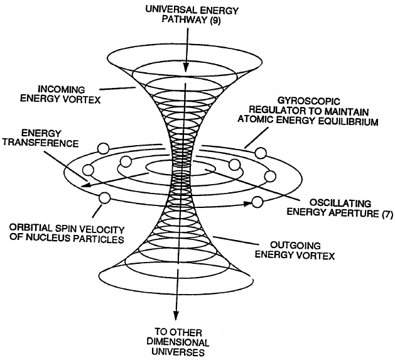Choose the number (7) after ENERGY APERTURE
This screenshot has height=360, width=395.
[x=384, y=215]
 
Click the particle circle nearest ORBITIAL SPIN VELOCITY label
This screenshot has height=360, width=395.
[x=104, y=199]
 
